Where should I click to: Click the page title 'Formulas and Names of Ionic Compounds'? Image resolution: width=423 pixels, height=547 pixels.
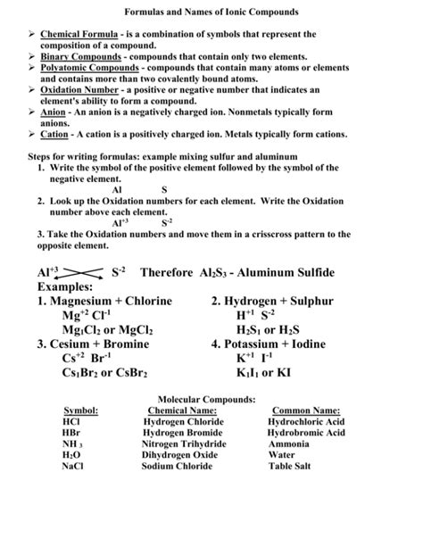(x=211, y=13)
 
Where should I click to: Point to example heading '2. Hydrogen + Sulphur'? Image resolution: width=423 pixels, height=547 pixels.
(x=272, y=304)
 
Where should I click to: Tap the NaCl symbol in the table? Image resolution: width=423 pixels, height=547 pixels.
(x=73, y=464)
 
